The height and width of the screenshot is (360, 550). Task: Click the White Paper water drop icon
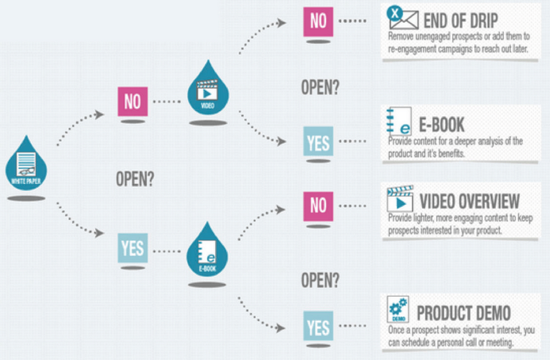pyautogui.click(x=26, y=165)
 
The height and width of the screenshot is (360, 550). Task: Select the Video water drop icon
pyautogui.click(x=208, y=90)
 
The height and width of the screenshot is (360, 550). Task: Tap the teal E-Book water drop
pyautogui.click(x=207, y=251)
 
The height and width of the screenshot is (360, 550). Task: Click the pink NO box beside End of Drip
pyautogui.click(x=318, y=21)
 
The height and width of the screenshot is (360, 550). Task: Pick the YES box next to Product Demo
pyautogui.click(x=318, y=326)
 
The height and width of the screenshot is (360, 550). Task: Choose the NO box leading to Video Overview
pyautogui.click(x=318, y=206)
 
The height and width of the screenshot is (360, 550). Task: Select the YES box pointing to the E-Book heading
pyautogui.click(x=318, y=141)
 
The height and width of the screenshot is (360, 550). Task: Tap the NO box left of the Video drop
pyautogui.click(x=132, y=101)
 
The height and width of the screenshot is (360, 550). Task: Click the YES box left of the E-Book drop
pyautogui.click(x=132, y=248)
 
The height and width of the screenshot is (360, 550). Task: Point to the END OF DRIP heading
pyautogui.click(x=460, y=20)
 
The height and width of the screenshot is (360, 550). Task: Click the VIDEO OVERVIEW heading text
pyautogui.click(x=469, y=202)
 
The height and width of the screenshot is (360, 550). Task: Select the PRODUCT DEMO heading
pyautogui.click(x=463, y=313)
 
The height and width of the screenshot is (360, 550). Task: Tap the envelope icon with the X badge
pyautogui.click(x=403, y=17)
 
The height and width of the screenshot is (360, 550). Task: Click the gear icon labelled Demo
pyautogui.click(x=398, y=309)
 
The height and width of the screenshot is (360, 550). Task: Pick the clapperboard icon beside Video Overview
pyautogui.click(x=400, y=199)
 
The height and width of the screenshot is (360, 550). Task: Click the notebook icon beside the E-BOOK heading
pyautogui.click(x=399, y=122)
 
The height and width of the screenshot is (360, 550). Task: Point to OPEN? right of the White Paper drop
pyautogui.click(x=135, y=179)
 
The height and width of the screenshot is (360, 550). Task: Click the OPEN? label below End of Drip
pyautogui.click(x=320, y=87)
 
